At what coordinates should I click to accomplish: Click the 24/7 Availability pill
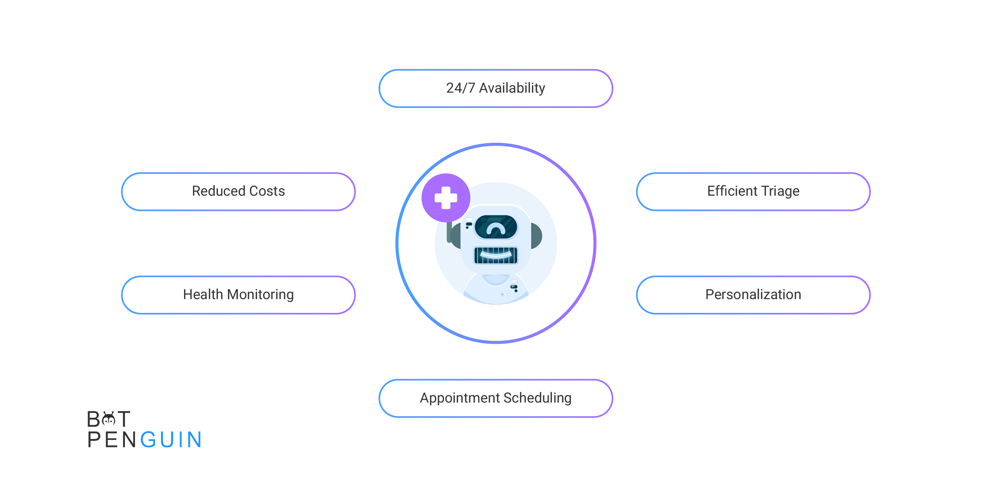[x=496, y=88]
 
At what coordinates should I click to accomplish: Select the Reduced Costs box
[x=238, y=192]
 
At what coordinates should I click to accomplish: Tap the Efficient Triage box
[x=753, y=192]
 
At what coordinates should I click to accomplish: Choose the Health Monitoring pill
[x=238, y=295]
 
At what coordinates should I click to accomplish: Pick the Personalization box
[x=753, y=295]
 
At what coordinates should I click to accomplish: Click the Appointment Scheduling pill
[x=496, y=398]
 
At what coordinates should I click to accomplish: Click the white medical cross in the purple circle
[x=446, y=198]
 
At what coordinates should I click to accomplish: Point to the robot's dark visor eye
[x=496, y=227]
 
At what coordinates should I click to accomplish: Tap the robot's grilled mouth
[x=496, y=255]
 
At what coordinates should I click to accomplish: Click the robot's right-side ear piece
[x=537, y=236]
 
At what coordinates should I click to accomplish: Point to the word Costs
[x=267, y=191]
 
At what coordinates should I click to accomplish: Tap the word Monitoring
[x=260, y=295]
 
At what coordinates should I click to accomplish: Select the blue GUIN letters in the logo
[x=171, y=440]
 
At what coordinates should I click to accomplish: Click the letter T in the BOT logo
[x=123, y=419]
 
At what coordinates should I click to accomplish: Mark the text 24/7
[x=461, y=88]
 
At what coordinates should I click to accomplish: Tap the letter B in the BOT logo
[x=94, y=419]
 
